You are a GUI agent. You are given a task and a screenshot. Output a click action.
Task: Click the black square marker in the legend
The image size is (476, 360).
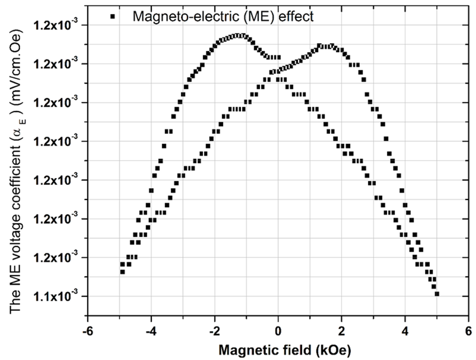click(x=113, y=16)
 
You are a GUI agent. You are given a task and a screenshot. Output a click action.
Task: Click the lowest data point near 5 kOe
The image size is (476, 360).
click(x=437, y=294)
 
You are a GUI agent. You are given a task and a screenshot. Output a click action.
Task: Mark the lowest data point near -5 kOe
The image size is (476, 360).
click(x=122, y=272)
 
